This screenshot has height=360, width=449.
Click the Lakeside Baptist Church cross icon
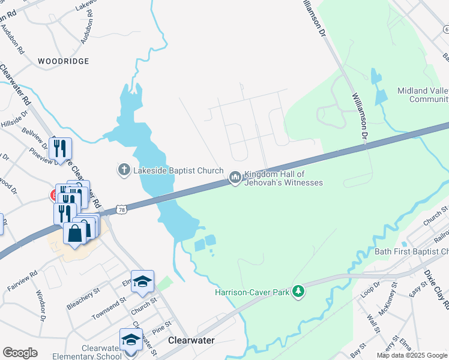pos(124,170)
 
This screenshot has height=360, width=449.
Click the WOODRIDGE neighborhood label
pos(63,61)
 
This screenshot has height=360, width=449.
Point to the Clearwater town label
pos(191,340)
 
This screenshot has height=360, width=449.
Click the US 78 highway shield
pos(122,209)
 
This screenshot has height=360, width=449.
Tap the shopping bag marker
pos(74,233)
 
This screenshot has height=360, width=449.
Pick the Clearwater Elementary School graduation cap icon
pos(131,340)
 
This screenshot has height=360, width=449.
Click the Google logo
pos(20,353)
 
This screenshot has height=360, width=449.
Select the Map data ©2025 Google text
pos(411,355)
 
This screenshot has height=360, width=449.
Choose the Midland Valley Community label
pos(423,95)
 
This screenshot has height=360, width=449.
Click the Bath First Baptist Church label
pos(412,251)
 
